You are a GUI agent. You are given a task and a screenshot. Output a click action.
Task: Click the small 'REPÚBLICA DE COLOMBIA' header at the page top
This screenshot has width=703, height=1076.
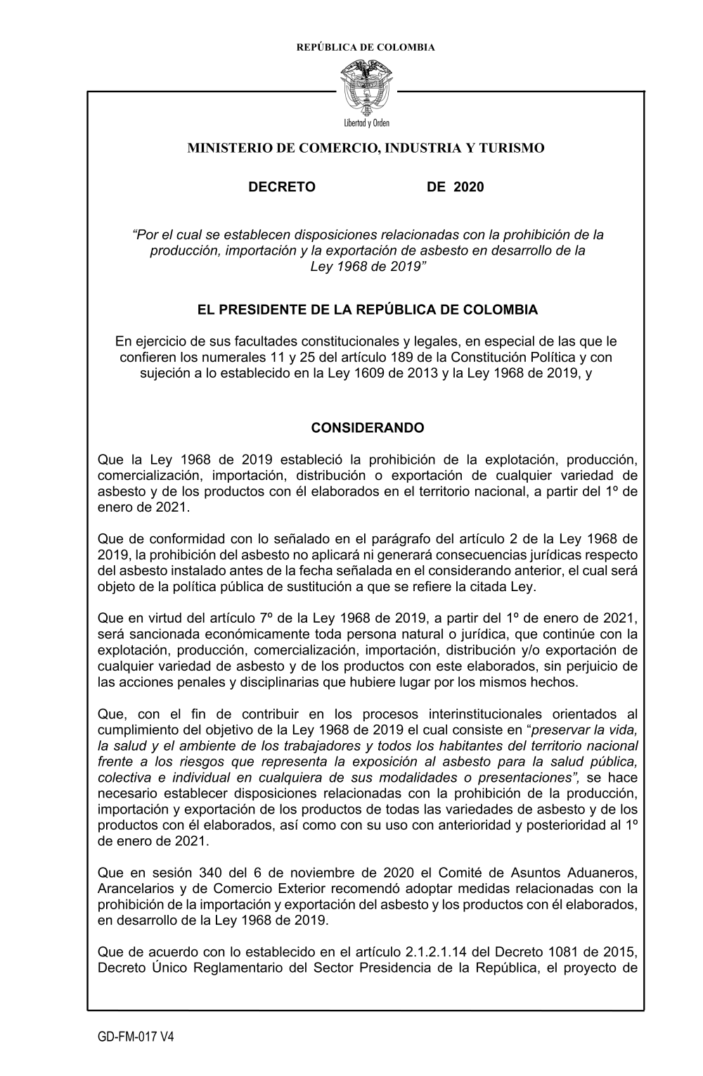366,48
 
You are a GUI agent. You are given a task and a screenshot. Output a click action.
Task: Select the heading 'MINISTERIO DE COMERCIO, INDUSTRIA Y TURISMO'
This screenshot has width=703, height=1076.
366,148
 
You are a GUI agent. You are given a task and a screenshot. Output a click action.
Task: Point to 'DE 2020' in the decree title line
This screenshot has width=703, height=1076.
455,187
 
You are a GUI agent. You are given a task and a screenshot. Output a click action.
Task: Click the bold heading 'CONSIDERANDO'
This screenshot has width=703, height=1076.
368,428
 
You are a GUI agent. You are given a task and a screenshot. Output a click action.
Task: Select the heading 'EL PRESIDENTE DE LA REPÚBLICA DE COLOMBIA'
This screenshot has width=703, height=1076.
367,310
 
